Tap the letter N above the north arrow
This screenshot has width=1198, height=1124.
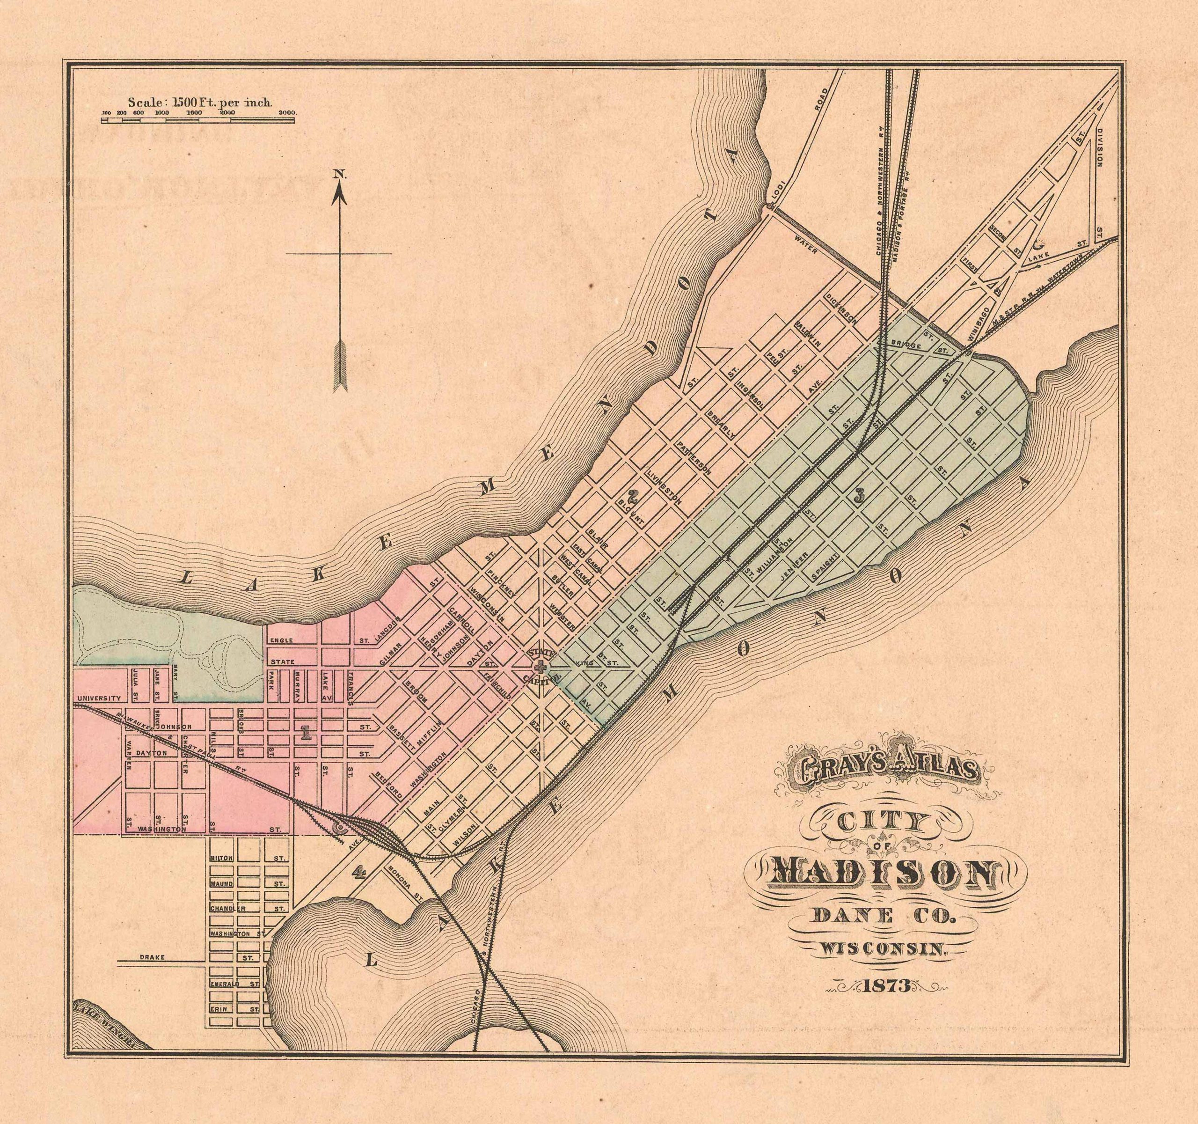point(339,174)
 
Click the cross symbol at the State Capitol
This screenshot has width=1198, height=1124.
point(541,667)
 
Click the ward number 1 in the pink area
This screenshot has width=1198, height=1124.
point(306,733)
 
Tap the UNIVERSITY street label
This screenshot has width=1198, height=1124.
point(100,699)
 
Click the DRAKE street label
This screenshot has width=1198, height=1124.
point(147,957)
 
